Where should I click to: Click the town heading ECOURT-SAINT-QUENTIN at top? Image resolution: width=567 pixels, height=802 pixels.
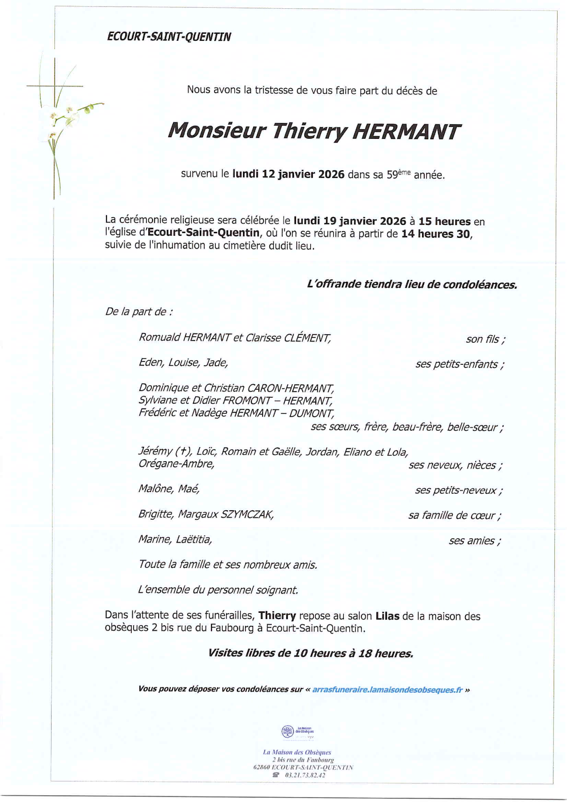[x=169, y=37]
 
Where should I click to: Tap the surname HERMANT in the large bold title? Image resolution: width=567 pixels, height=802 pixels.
[x=406, y=132]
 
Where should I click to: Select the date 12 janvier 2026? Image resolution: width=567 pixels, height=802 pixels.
[x=303, y=174]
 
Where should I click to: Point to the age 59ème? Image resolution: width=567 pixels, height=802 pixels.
[x=398, y=174]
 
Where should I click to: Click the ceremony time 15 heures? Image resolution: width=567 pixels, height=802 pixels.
[x=444, y=221]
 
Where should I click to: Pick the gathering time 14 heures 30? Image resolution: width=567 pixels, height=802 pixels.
[x=436, y=234]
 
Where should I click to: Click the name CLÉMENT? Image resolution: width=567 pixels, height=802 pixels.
[x=307, y=338]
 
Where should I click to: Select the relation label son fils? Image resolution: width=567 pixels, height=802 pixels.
[x=485, y=339]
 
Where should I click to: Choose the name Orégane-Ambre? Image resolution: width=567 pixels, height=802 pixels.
[x=176, y=464]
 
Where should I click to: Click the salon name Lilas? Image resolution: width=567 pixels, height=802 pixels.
[x=387, y=616]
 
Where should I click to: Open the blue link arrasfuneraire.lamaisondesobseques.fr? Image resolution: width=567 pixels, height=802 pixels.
[x=387, y=690]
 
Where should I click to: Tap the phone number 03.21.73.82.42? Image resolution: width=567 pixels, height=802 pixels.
[x=305, y=775]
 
